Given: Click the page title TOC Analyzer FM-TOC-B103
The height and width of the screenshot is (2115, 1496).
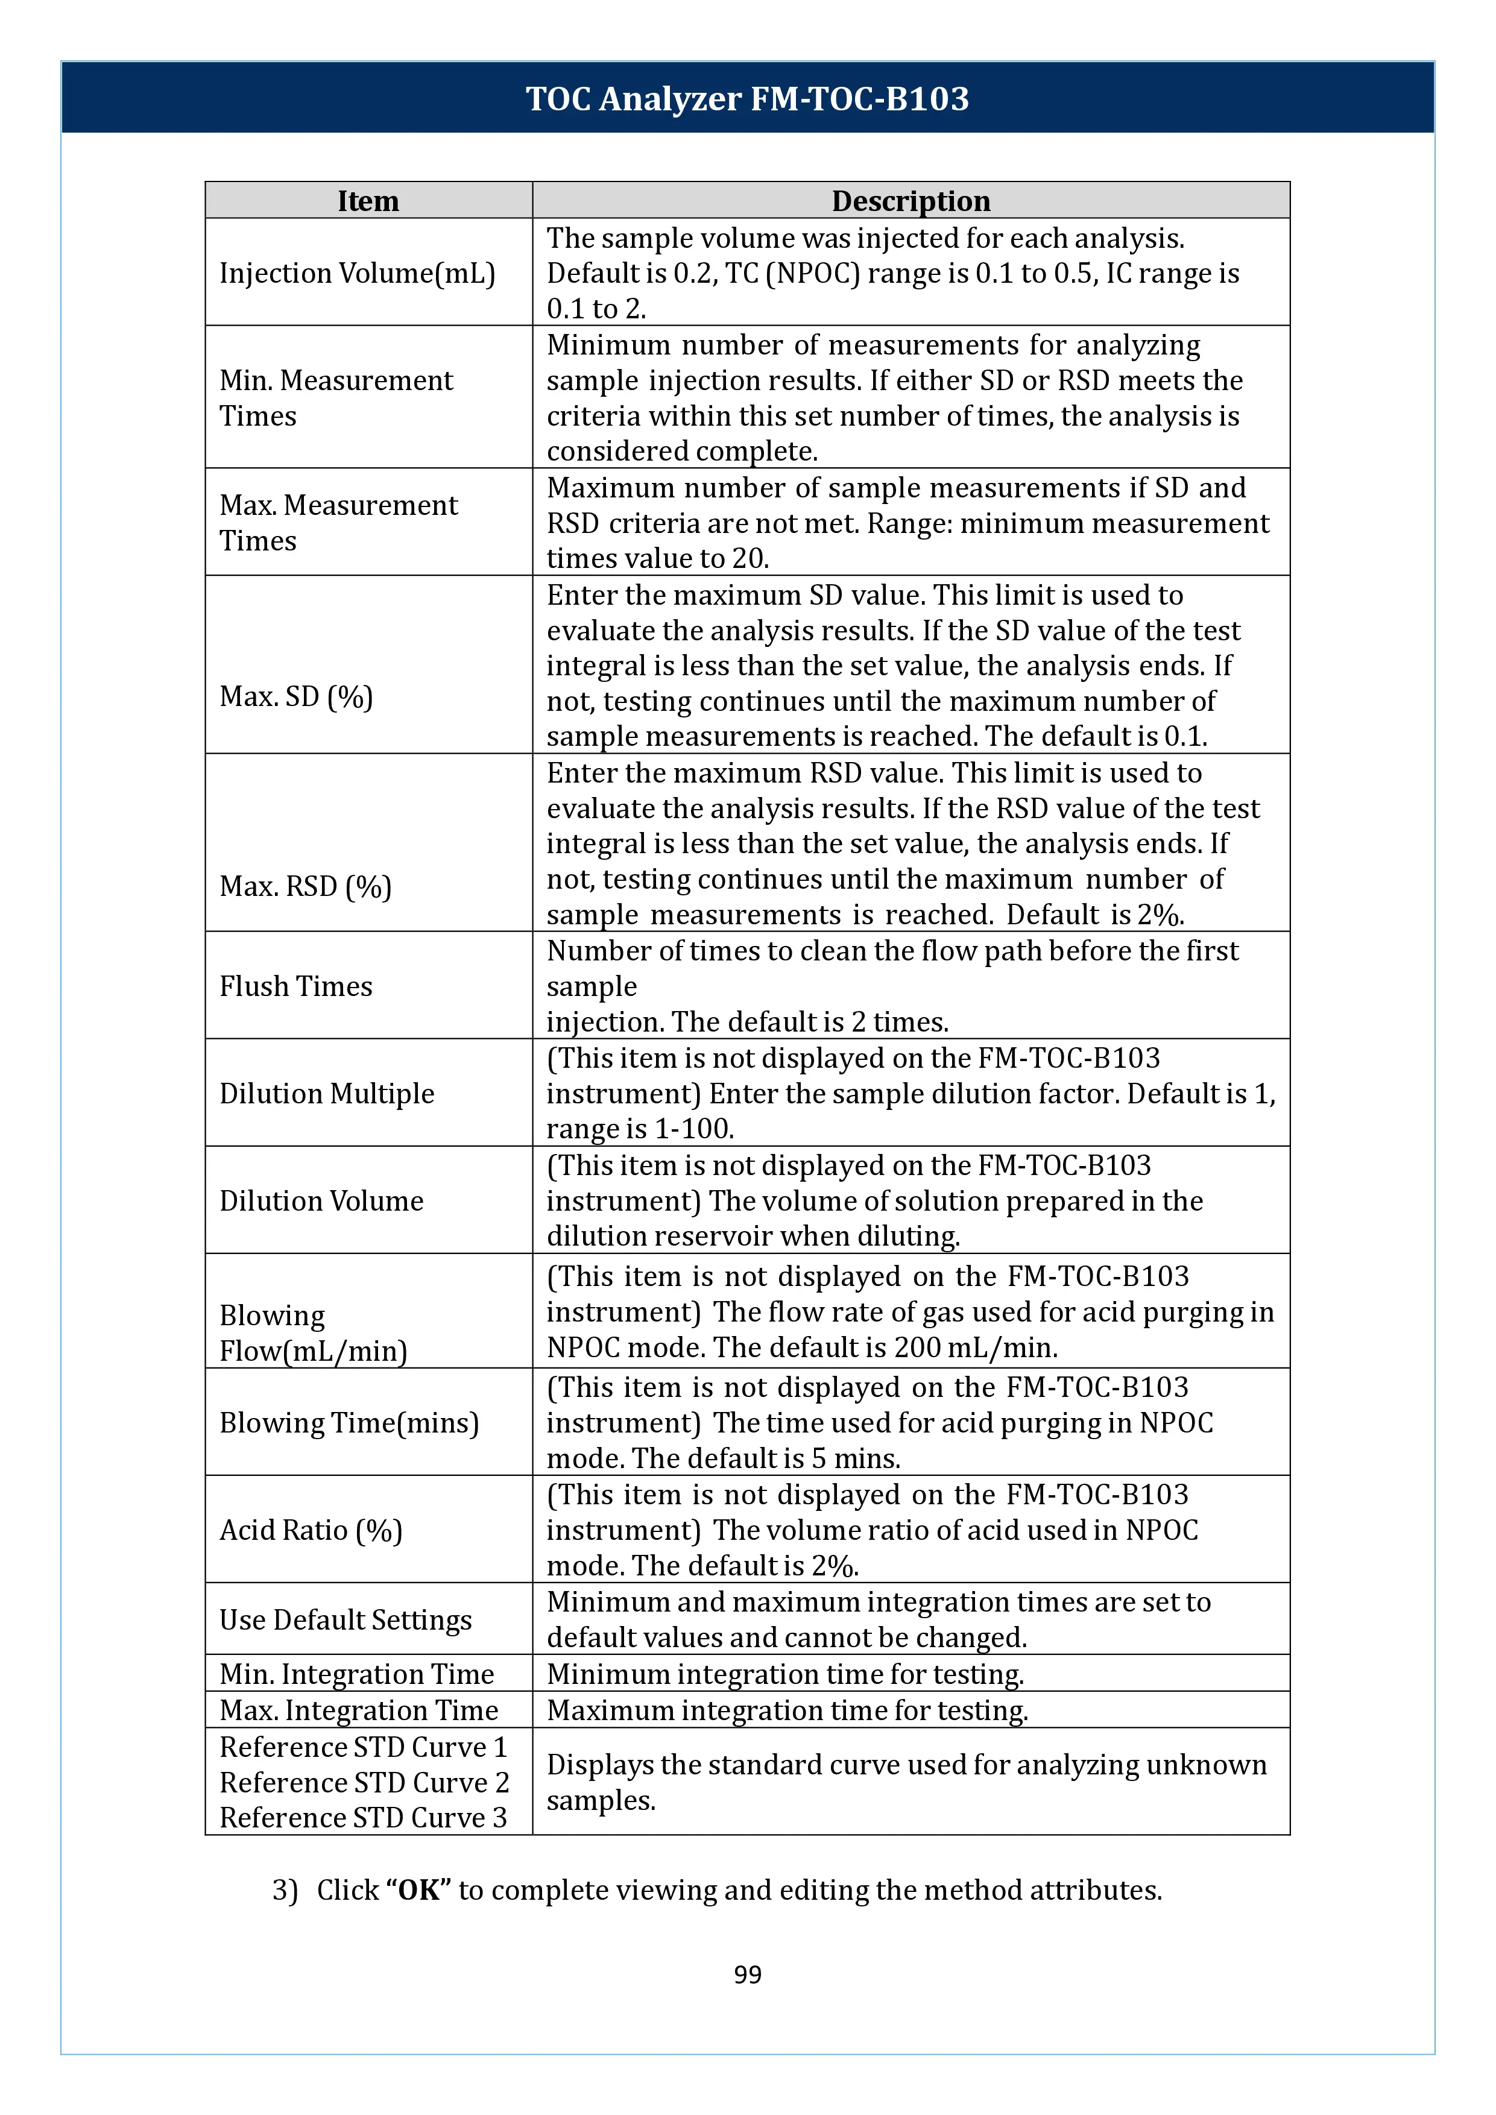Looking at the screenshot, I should (x=747, y=98).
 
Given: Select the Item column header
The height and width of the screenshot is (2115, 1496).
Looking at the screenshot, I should (x=368, y=201).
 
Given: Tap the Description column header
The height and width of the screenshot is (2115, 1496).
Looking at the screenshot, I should (x=910, y=201).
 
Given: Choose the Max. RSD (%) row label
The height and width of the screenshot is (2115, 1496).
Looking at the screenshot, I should (x=305, y=886).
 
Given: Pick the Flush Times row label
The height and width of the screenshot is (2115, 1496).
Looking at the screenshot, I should (x=295, y=986).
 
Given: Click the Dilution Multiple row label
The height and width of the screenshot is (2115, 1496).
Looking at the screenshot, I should (x=326, y=1094).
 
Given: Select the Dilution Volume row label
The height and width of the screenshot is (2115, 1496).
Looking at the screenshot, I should (x=321, y=1200).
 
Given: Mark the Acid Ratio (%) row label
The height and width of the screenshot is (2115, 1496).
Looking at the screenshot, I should (x=311, y=1530).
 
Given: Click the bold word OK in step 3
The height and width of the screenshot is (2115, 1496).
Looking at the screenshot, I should (x=418, y=1890).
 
